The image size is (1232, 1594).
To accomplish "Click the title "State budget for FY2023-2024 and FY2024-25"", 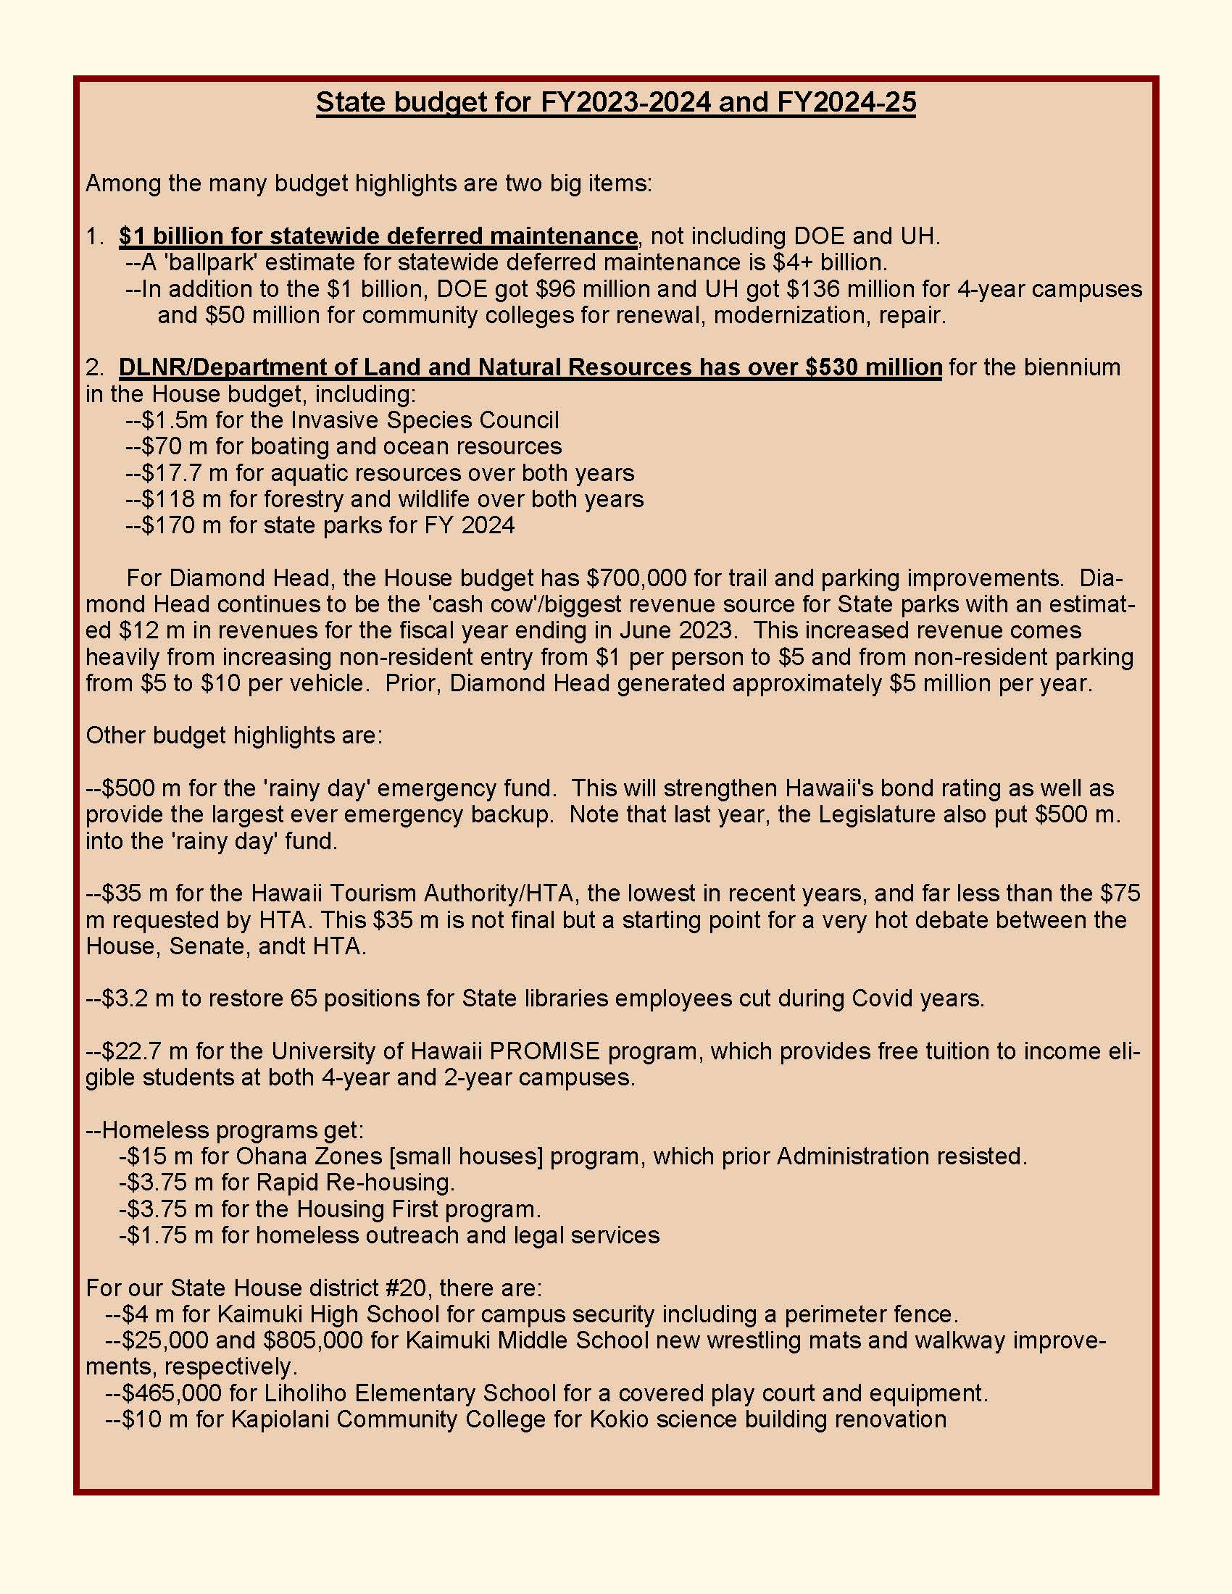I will [x=615, y=102].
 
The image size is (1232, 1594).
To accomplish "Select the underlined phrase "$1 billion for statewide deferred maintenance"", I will [x=378, y=236].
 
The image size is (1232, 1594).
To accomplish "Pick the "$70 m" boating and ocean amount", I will [x=167, y=446].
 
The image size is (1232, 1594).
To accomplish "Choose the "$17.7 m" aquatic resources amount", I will [x=176, y=473].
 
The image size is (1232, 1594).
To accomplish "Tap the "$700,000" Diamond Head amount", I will [x=636, y=578].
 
